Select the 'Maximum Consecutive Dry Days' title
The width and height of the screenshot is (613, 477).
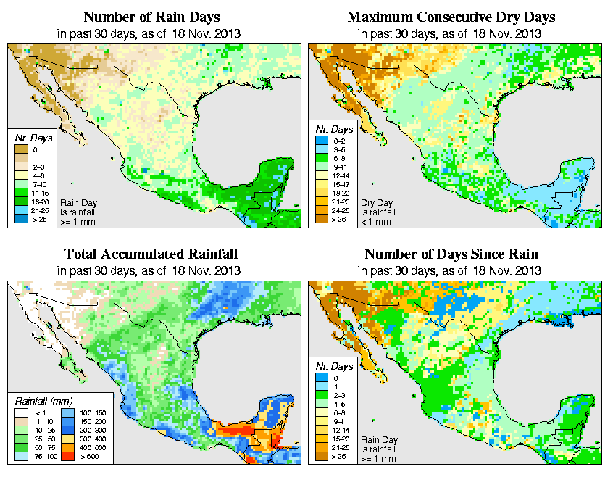pos(451,17)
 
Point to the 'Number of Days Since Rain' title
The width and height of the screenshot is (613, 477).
pos(451,254)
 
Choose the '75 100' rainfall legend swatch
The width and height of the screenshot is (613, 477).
pos(20,458)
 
